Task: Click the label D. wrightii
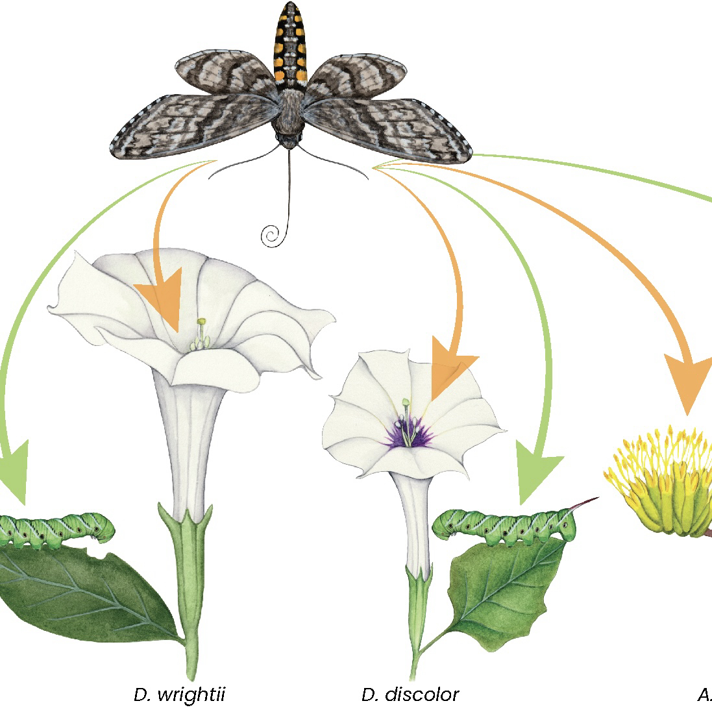pos(180,695)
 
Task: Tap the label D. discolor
pos(410,695)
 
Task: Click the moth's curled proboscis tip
pos(269,235)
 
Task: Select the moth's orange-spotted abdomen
pos(290,45)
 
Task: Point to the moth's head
pos(289,138)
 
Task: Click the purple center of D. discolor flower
pos(408,434)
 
